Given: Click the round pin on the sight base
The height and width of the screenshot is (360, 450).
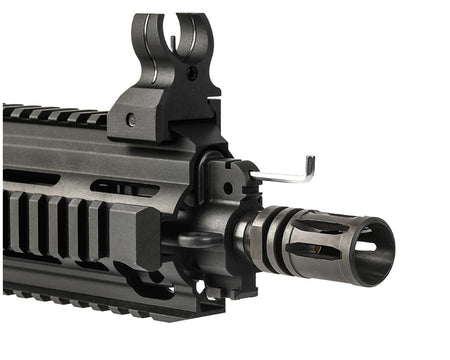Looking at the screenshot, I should pyautogui.click(x=131, y=120).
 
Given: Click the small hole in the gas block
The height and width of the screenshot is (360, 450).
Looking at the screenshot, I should pyautogui.click(x=228, y=187).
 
